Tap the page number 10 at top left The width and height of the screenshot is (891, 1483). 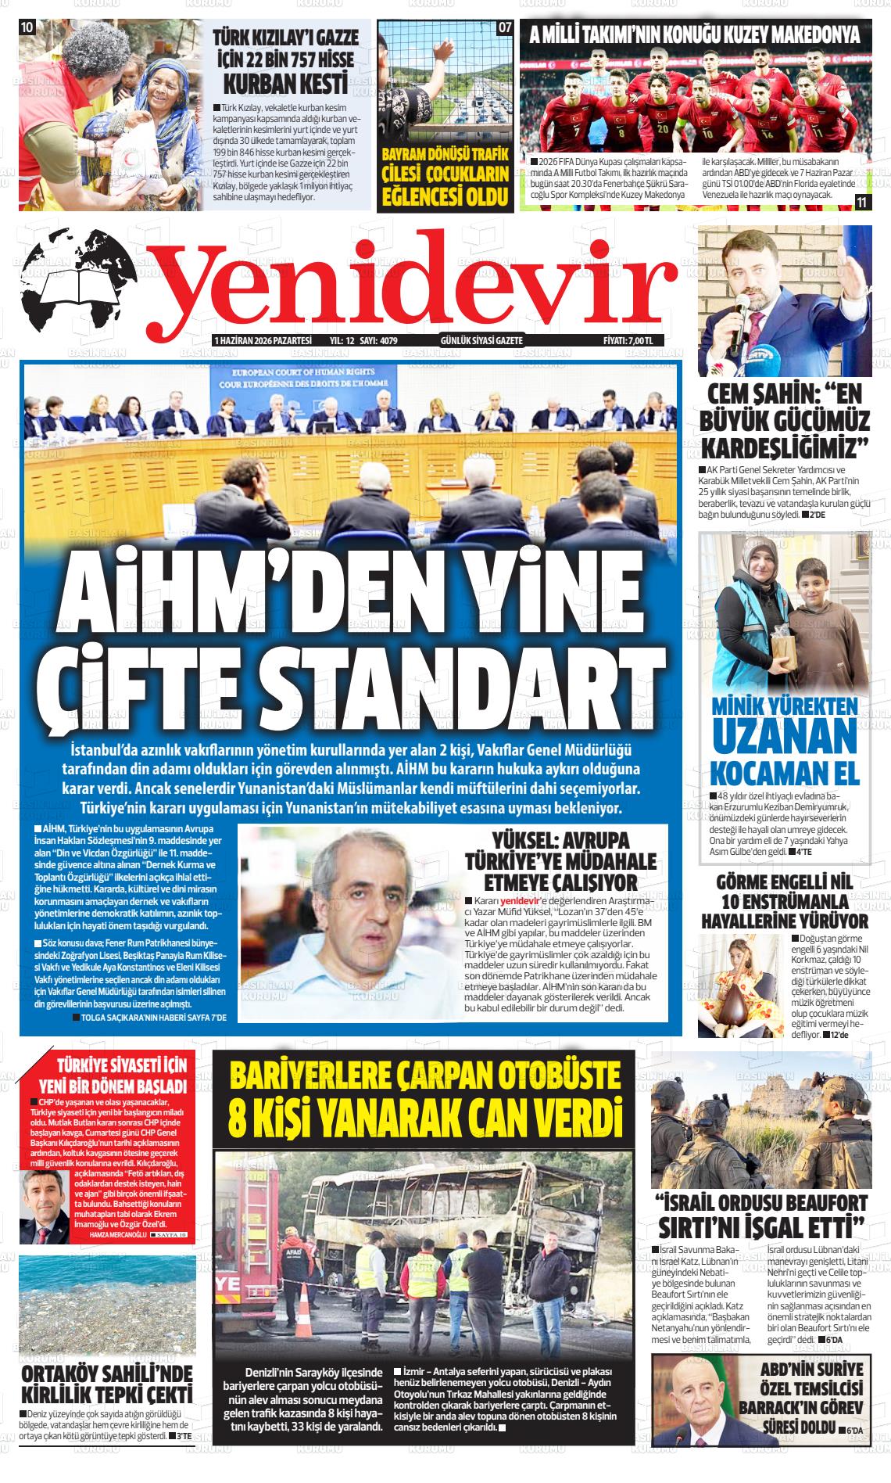pyautogui.click(x=27, y=27)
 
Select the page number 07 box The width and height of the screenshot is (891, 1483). pyautogui.click(x=505, y=27)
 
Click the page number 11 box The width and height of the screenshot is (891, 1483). pyautogui.click(x=861, y=202)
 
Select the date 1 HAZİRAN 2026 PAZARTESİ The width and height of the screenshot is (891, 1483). pyautogui.click(x=263, y=341)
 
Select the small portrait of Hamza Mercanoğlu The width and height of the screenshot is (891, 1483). pyautogui.click(x=44, y=1198)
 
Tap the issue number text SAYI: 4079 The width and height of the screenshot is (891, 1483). pyautogui.click(x=378, y=341)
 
